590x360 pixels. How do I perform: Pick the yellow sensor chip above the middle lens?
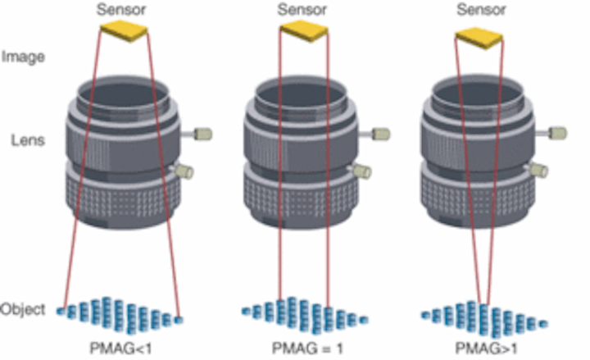point(304,32)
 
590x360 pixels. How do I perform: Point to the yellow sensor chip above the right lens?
point(479,36)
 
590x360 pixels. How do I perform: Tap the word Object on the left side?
point(23,310)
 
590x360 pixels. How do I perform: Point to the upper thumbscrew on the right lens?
point(556,131)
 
